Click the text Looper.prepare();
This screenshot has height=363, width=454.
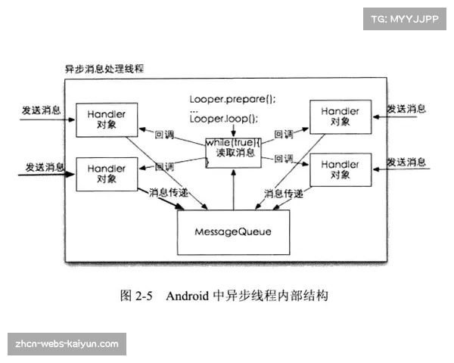pyautogui.click(x=232, y=100)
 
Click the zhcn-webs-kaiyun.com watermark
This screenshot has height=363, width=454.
pyautogui.click(x=67, y=343)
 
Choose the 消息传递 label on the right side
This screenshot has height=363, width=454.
pyautogui.click(x=285, y=193)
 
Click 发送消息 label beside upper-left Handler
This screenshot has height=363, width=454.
pyautogui.click(x=41, y=110)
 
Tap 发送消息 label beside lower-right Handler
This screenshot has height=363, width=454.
pyautogui.click(x=406, y=162)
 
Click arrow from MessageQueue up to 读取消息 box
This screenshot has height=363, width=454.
pyautogui.click(x=234, y=189)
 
